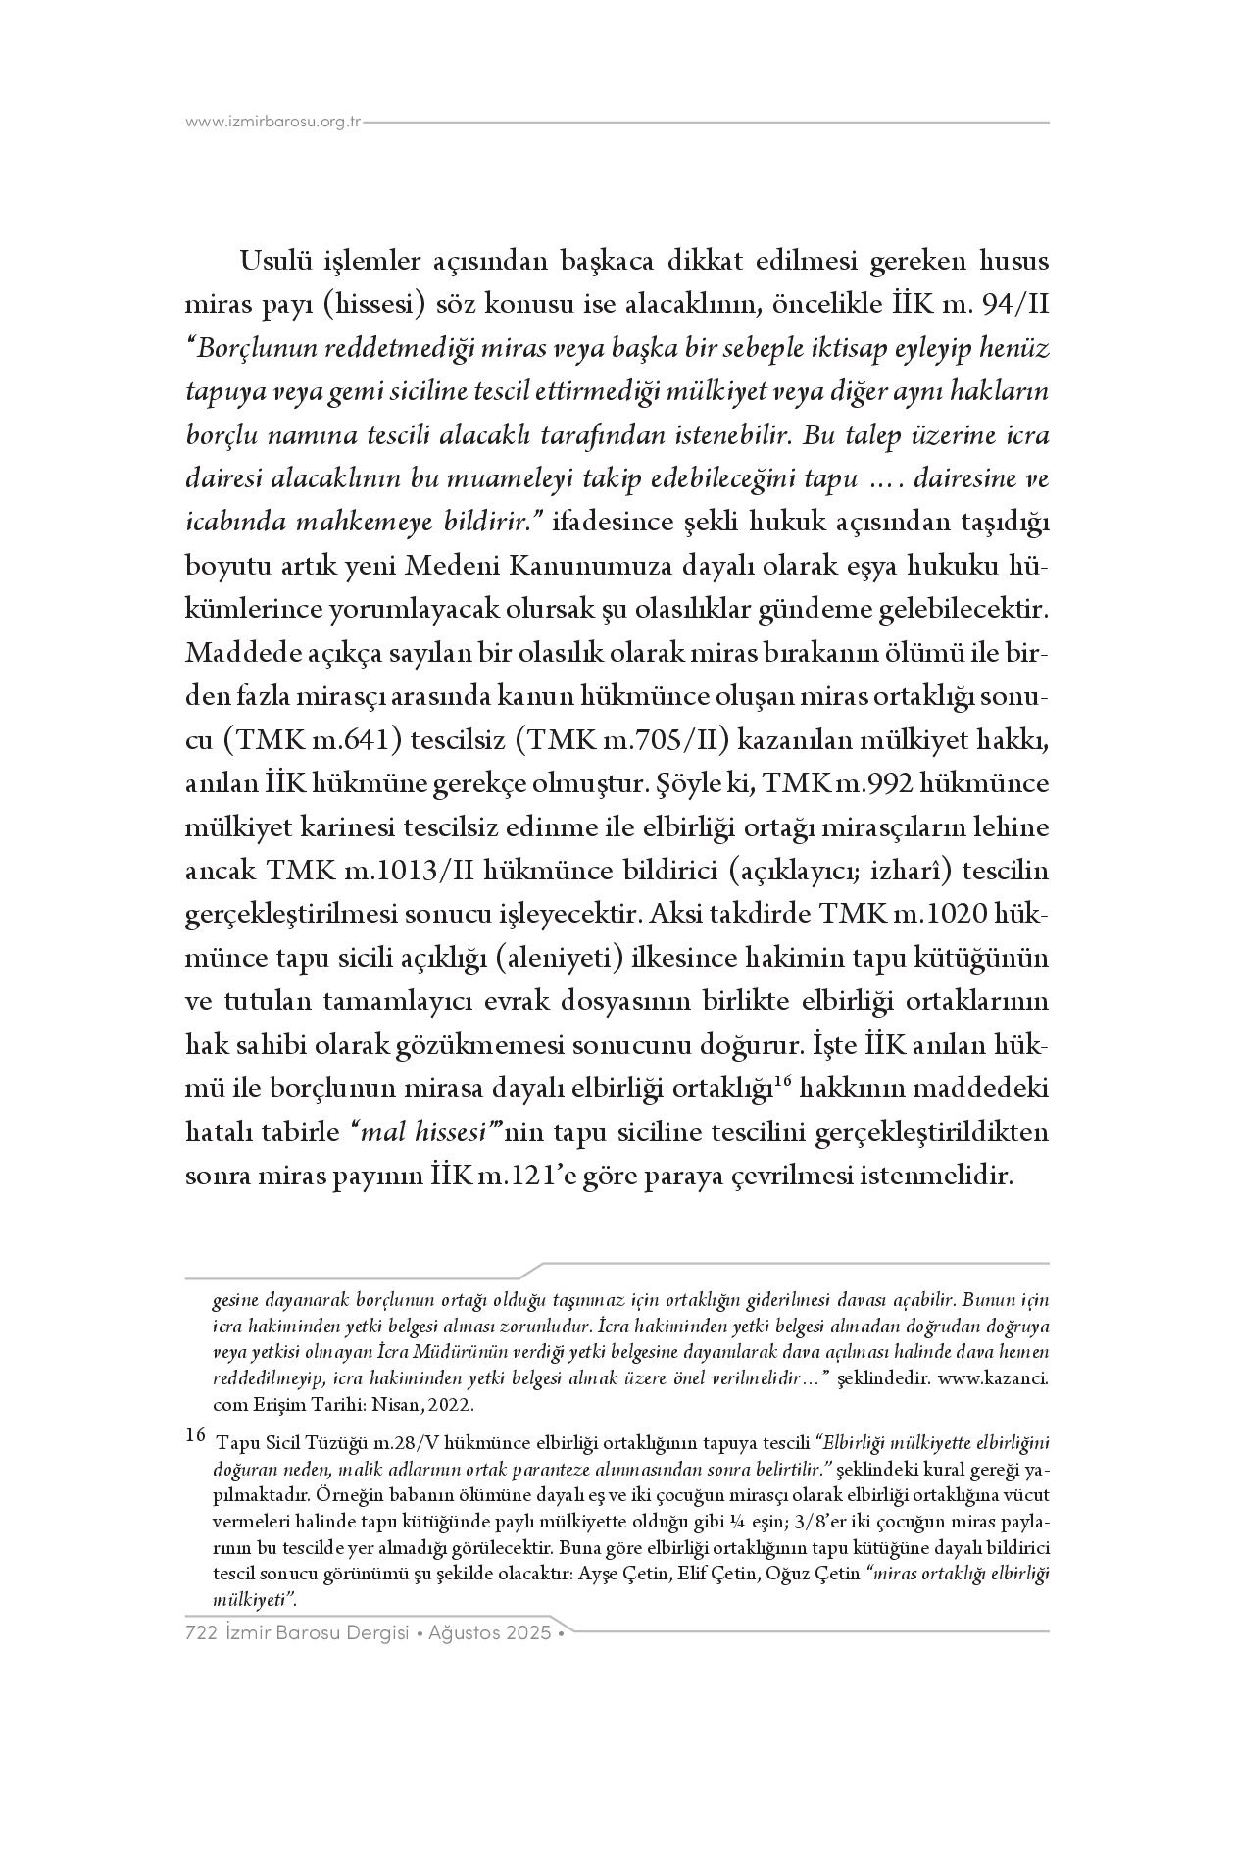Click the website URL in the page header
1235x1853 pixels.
[x=273, y=123]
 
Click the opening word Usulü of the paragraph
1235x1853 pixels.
[x=281, y=263]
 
